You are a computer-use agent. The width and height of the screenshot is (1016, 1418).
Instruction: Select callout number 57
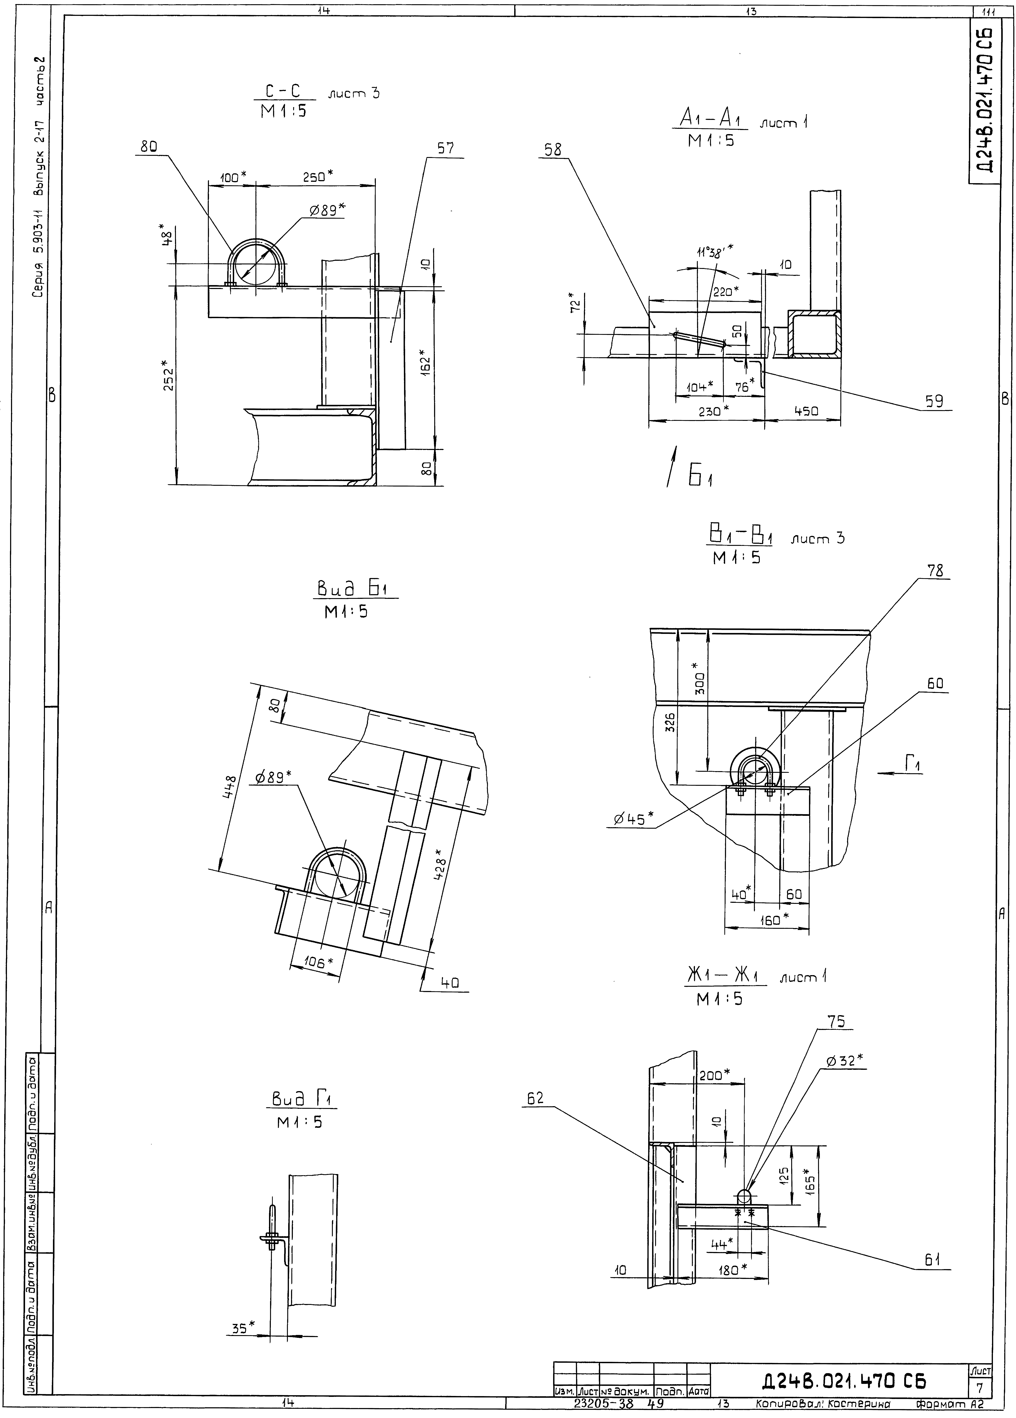(445, 149)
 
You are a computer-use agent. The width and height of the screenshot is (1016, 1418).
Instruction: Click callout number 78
(935, 570)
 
